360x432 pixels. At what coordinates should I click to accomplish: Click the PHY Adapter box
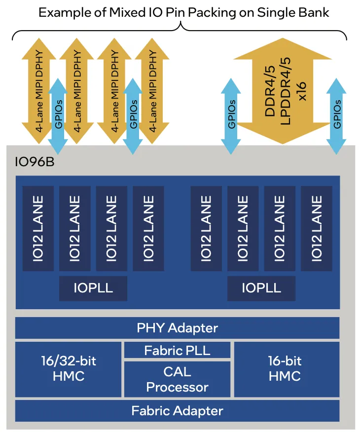coord(177,328)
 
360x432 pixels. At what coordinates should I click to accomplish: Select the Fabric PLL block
coord(177,351)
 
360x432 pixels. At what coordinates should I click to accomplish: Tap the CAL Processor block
coord(177,379)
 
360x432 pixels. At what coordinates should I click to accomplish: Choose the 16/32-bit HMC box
coord(68,369)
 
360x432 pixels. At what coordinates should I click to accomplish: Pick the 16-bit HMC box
coord(286,369)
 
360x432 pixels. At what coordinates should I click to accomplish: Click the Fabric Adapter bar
coord(177,410)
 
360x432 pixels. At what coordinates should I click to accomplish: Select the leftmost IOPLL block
coord(93,288)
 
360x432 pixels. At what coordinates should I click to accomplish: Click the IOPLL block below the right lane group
coord(261,288)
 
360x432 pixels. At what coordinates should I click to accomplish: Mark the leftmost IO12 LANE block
coord(38,228)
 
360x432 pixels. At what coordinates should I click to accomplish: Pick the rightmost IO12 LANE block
coord(317,228)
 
